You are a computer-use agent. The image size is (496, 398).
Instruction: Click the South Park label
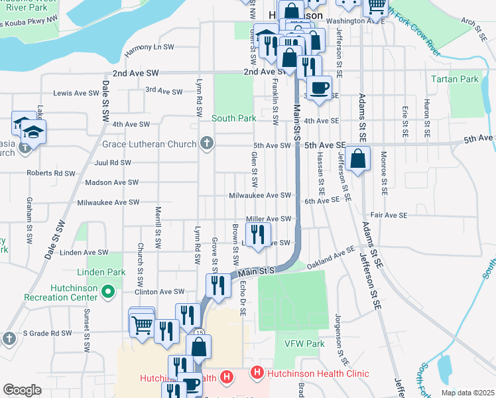[233, 118]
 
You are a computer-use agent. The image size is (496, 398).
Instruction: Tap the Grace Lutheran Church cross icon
[207, 143]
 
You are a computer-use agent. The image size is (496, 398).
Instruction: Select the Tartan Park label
[454, 79]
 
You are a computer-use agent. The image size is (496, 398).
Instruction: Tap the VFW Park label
[304, 344]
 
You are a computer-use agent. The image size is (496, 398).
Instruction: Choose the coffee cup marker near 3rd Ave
[319, 88]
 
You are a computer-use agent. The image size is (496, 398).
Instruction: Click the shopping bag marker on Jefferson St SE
[357, 160]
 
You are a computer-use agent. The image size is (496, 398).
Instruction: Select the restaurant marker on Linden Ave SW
[258, 233]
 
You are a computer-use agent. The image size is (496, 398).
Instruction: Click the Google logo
[22, 390]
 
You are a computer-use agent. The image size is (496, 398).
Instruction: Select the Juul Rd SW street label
[113, 162]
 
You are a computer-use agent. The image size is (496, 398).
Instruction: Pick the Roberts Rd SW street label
[51, 173]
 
